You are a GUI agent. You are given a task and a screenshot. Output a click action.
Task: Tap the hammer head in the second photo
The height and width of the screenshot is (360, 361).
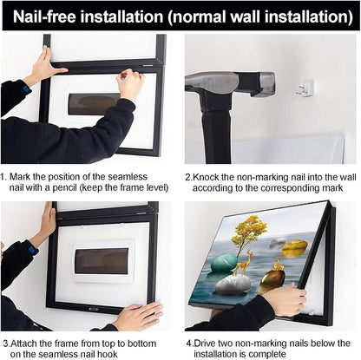[213, 83]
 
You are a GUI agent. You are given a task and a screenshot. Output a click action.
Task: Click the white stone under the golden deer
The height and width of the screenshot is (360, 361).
[234, 284]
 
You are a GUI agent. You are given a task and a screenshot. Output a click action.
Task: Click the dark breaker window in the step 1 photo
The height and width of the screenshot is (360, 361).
[90, 103]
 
